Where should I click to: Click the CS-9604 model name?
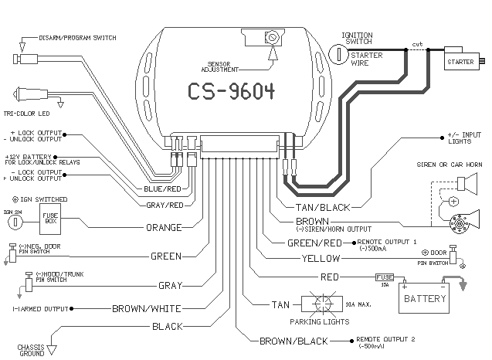(x=231, y=91)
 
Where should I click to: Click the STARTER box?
(x=460, y=60)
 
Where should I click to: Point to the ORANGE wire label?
(x=165, y=228)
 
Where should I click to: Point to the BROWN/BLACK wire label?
(x=294, y=340)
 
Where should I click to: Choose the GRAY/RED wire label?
(x=165, y=205)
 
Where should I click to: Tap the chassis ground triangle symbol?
(x=53, y=350)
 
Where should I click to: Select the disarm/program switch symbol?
(x=27, y=59)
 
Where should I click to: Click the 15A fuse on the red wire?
(x=385, y=277)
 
